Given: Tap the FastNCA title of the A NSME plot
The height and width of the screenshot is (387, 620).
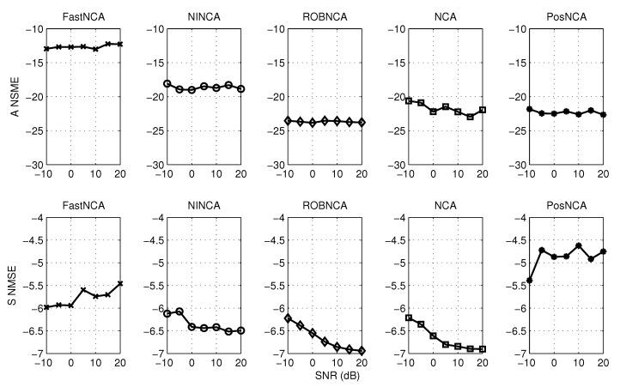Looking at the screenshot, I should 83,15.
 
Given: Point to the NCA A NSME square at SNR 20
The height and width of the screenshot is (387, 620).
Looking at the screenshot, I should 483,110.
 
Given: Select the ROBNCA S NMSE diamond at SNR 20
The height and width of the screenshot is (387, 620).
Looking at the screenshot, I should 362,351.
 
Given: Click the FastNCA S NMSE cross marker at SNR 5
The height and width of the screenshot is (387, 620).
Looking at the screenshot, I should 83,290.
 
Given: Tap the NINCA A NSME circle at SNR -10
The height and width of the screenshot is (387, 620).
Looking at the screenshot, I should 167,83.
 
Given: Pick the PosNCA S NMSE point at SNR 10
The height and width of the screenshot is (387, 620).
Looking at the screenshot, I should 579,245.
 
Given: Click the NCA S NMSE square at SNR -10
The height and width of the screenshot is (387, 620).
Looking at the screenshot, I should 409,317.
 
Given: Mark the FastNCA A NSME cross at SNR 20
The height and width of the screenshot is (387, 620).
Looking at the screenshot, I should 120,44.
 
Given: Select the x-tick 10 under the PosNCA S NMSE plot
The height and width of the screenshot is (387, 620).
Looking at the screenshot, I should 579,363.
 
